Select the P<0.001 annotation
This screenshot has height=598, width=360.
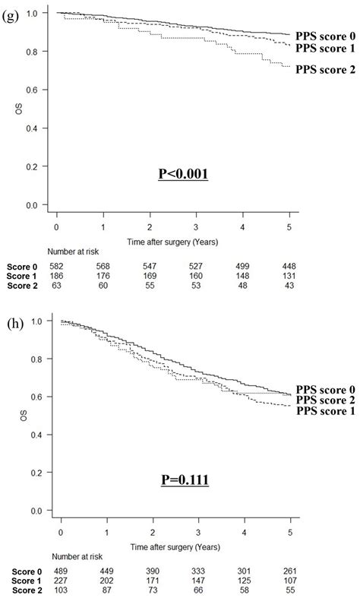[x=182, y=173]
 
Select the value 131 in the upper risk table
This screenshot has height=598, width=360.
[x=292, y=276]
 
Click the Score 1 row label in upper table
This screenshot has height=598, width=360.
[x=18, y=276]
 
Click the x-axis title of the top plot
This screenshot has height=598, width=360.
[x=173, y=239]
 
